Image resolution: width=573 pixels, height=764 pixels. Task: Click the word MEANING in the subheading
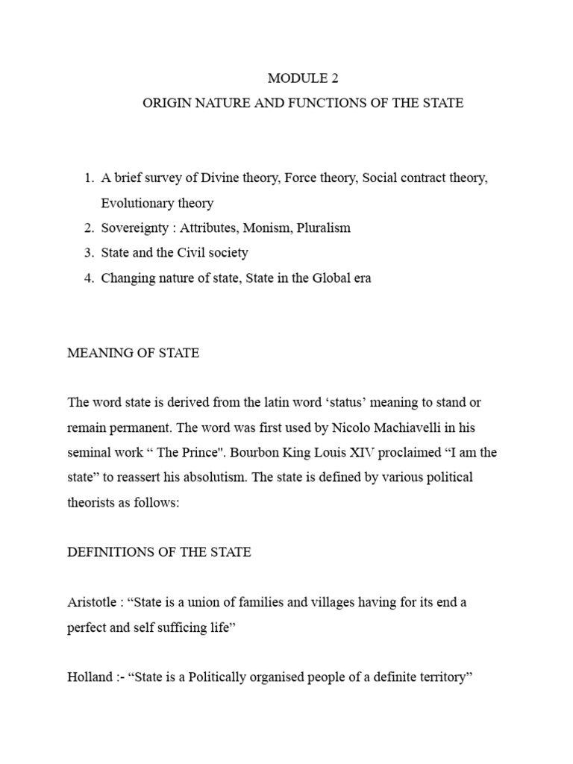click(x=95, y=353)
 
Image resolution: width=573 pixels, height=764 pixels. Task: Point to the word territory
click(x=435, y=677)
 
